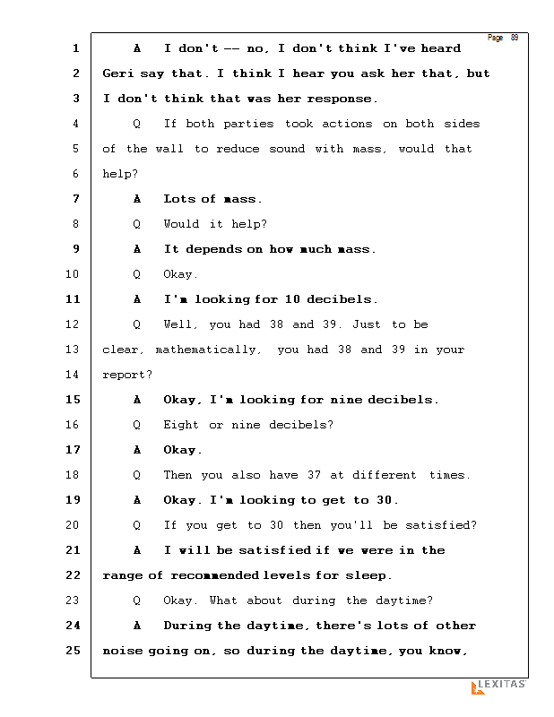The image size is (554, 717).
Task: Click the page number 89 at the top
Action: tap(515, 38)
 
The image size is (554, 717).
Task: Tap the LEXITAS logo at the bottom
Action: tap(498, 686)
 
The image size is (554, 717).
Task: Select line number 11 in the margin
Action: tap(75, 299)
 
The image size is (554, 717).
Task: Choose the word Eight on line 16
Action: tap(182, 425)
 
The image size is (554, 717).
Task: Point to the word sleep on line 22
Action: tap(371, 575)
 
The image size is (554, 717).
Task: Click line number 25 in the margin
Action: tap(75, 651)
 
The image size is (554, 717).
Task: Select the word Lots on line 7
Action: tap(178, 199)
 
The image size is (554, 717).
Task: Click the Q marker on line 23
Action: tap(137, 600)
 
